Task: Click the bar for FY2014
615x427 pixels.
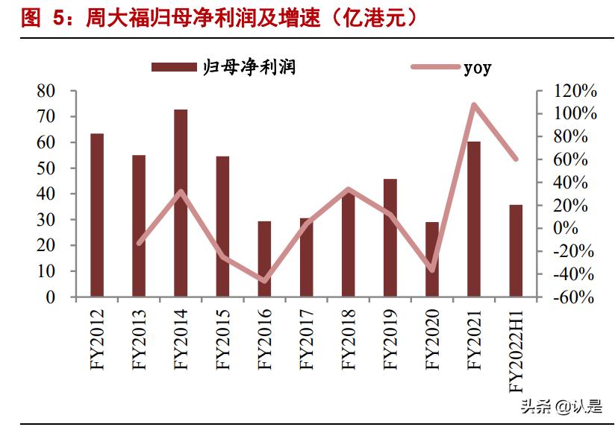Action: pyautogui.click(x=181, y=203)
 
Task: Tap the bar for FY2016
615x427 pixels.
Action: pyautogui.click(x=264, y=259)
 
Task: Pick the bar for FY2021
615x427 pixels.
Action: pyautogui.click(x=474, y=219)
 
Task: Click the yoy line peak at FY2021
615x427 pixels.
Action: pyautogui.click(x=474, y=104)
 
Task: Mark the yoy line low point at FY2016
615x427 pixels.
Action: pyautogui.click(x=264, y=281)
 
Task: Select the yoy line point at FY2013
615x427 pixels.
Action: pyautogui.click(x=139, y=243)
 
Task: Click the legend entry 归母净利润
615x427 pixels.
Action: pyautogui.click(x=224, y=67)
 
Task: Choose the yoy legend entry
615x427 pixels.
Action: pyautogui.click(x=452, y=67)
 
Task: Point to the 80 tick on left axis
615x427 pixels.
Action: pyautogui.click(x=46, y=91)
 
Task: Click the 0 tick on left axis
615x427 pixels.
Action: pyautogui.click(x=51, y=297)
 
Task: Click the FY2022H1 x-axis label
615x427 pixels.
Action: pyautogui.click(x=516, y=350)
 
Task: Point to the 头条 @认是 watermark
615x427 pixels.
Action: pyautogui.click(x=561, y=406)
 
